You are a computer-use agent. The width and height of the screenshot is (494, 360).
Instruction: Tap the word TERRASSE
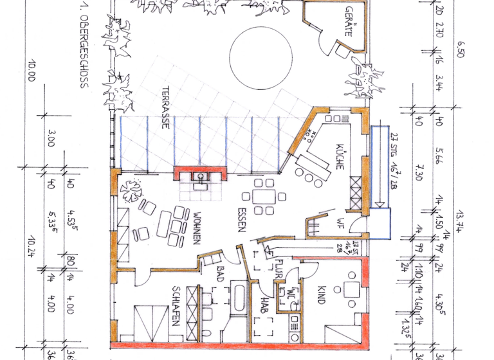pyautogui.click(x=165, y=108)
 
